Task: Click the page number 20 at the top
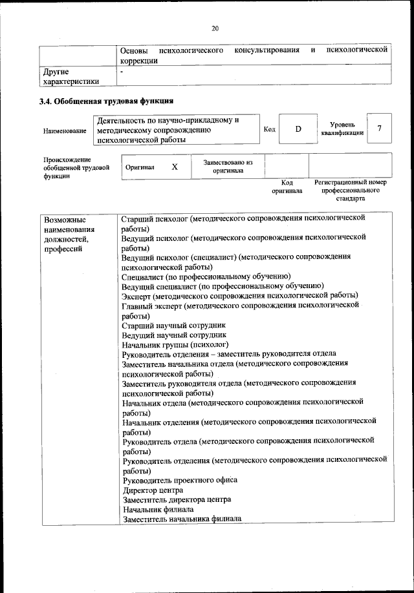click(215, 27)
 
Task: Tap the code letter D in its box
click(298, 129)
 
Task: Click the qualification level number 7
click(380, 129)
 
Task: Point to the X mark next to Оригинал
click(175, 167)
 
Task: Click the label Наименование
click(65, 131)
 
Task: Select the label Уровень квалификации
click(342, 128)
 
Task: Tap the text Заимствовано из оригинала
click(227, 167)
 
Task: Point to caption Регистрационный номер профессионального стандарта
click(350, 191)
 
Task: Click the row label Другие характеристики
click(71, 77)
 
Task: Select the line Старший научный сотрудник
click(174, 326)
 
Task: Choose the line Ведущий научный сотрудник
click(174, 335)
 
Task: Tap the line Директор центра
click(152, 490)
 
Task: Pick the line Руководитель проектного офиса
click(179, 480)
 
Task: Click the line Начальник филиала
click(158, 509)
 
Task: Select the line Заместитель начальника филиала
click(181, 519)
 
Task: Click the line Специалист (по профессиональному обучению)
click(206, 276)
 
